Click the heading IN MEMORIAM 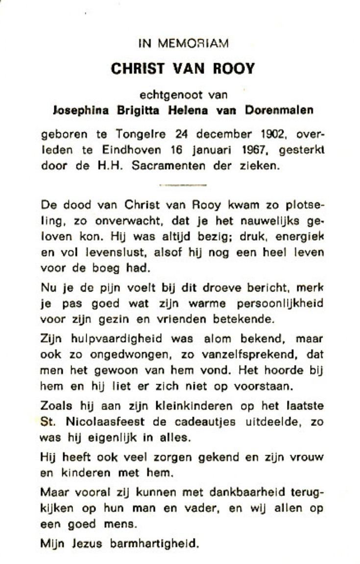click(183, 44)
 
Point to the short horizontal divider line click(183, 185)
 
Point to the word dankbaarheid click(233, 492)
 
